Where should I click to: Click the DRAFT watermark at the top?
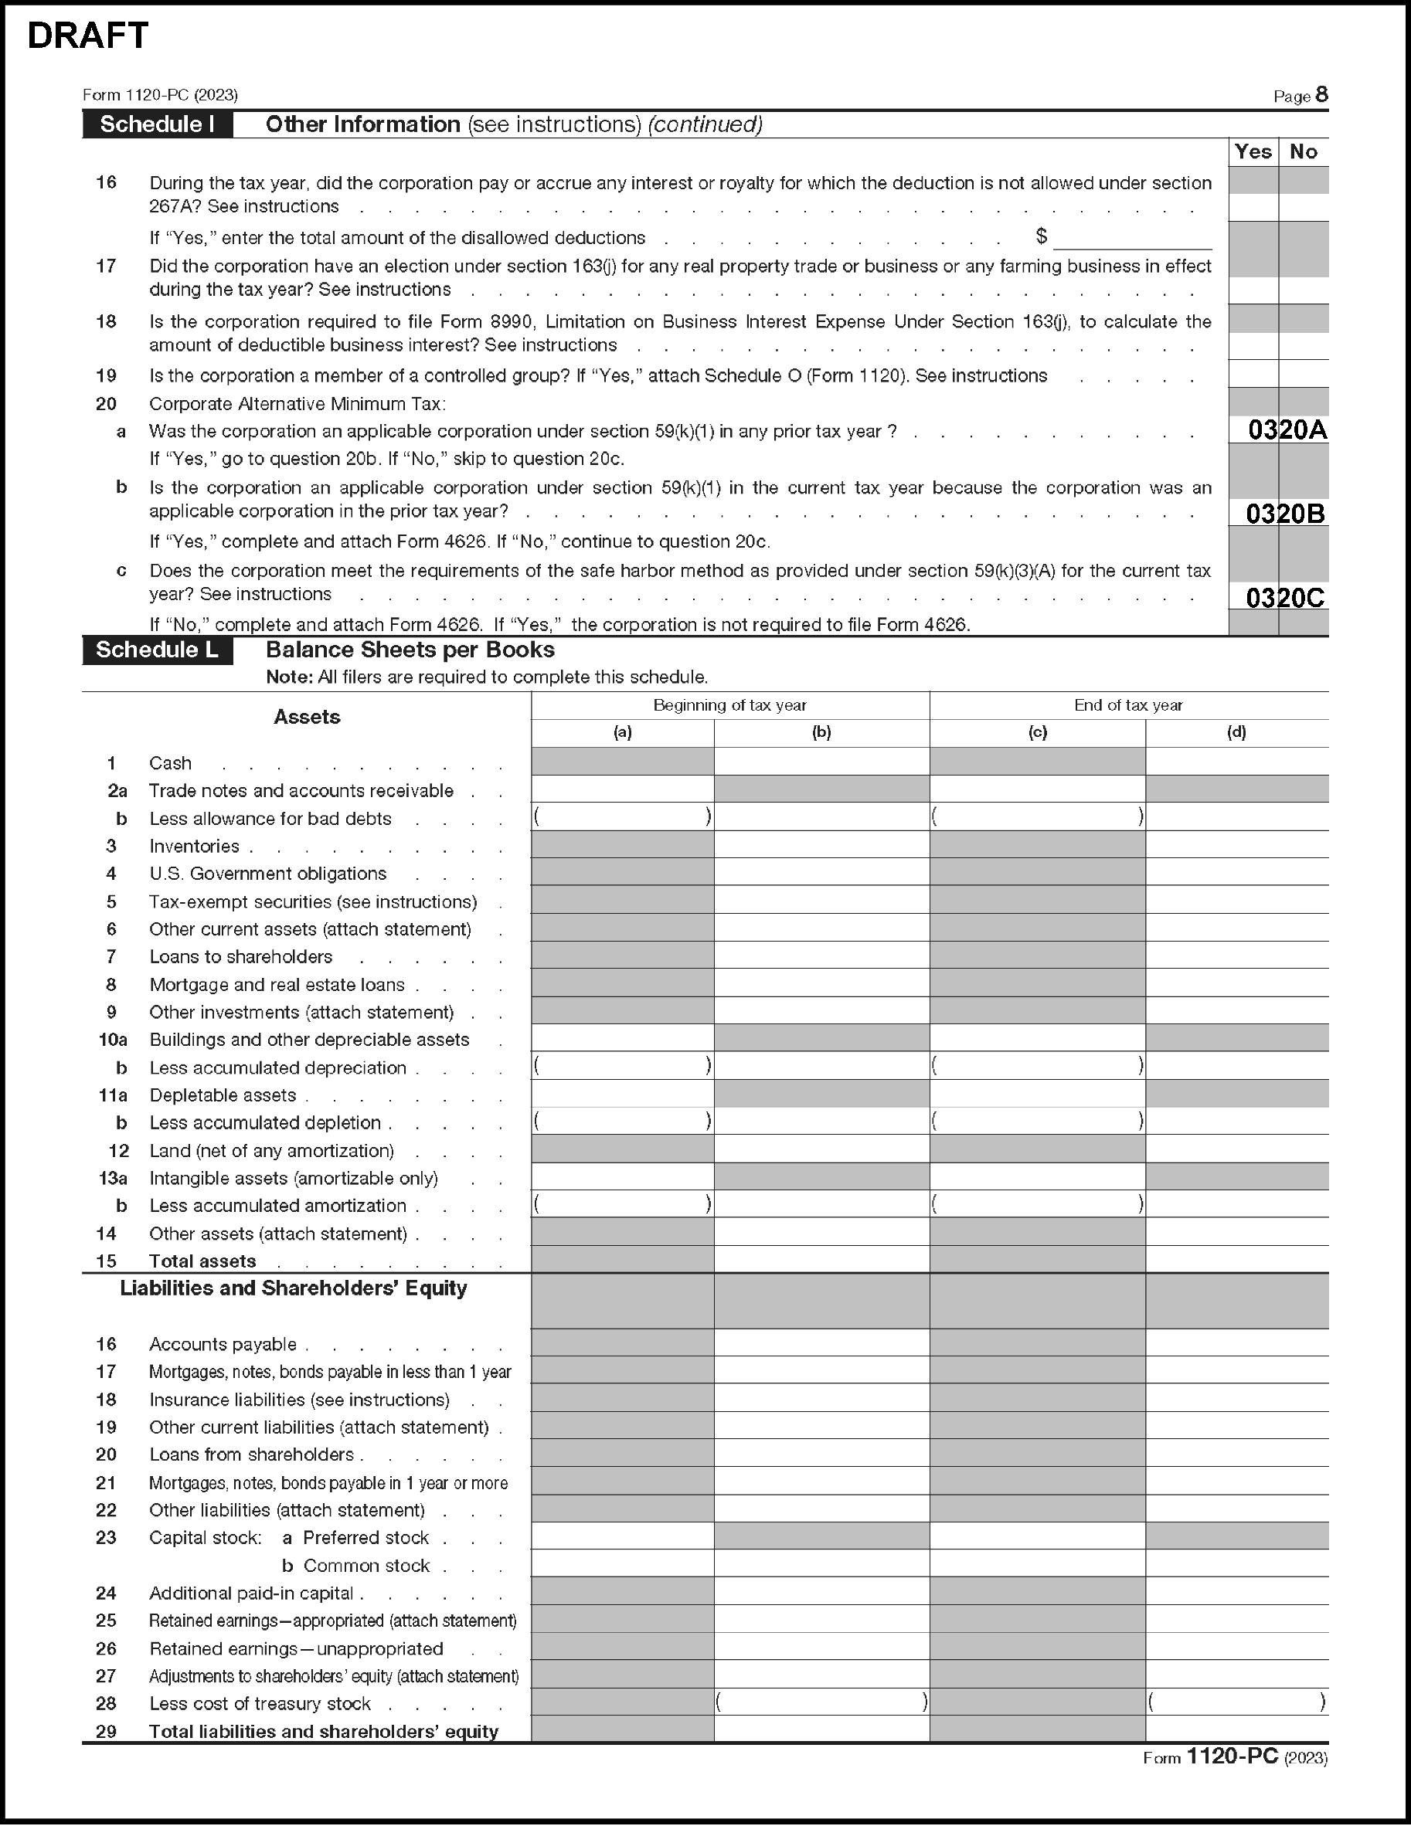[88, 37]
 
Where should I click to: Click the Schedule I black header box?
[157, 124]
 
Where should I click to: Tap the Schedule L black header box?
[157, 650]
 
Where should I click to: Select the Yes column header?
[1253, 151]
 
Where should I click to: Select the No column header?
[1303, 151]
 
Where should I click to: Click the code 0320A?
[1287, 429]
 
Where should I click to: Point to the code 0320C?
[1286, 598]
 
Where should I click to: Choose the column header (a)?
[622, 732]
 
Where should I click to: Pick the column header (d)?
[1236, 732]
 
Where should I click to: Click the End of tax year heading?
[1128, 704]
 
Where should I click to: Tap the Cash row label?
[171, 763]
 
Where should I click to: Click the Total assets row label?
[202, 1261]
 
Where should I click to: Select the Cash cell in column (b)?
[821, 762]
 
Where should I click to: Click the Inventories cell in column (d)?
[1236, 844]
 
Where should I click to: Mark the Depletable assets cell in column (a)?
[622, 1094]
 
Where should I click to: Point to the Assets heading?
[307, 718]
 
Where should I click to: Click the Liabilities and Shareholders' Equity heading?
[294, 1288]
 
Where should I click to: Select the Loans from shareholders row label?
[252, 1454]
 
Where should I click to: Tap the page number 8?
[1321, 94]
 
